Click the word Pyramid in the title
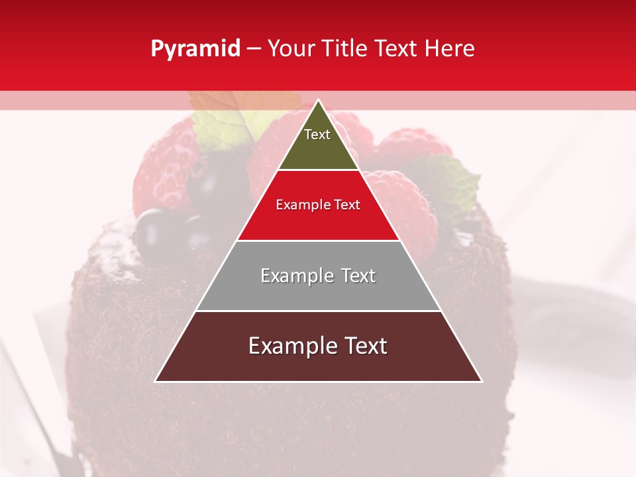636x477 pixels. [x=195, y=49]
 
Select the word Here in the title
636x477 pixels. [x=450, y=49]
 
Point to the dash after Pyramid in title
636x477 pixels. [x=254, y=49]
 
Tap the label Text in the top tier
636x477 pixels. [x=317, y=134]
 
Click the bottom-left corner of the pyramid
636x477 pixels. [x=155, y=381]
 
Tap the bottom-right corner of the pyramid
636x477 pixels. [x=482, y=381]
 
